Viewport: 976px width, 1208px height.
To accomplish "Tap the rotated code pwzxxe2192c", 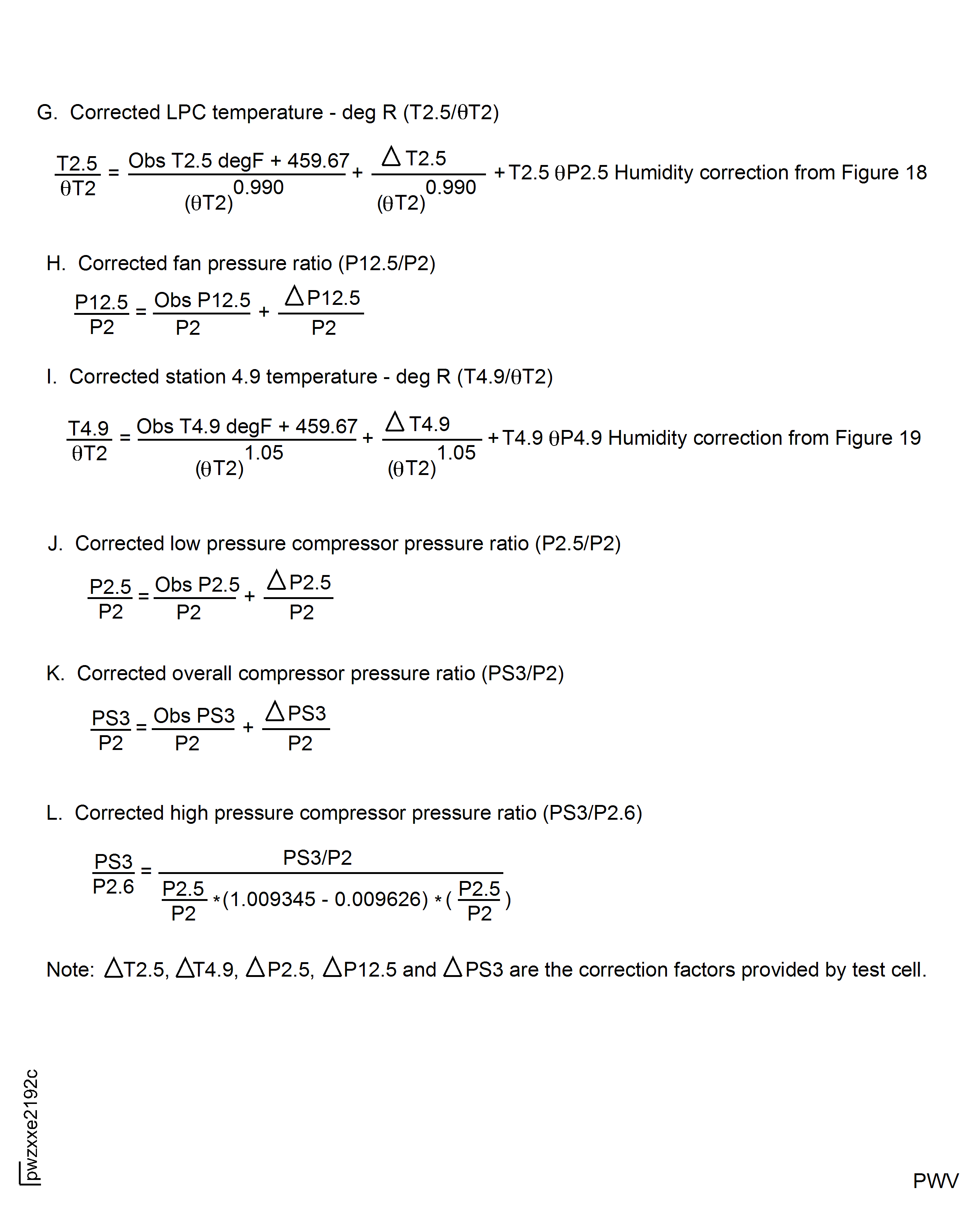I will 31,1124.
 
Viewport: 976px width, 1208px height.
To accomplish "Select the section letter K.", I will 55,673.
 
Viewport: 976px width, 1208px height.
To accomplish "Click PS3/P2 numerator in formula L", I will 317,857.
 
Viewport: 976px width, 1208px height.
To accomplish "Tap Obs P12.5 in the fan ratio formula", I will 202,300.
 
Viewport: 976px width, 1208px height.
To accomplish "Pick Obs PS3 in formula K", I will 194,715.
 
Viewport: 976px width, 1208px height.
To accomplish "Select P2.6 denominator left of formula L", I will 113,886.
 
